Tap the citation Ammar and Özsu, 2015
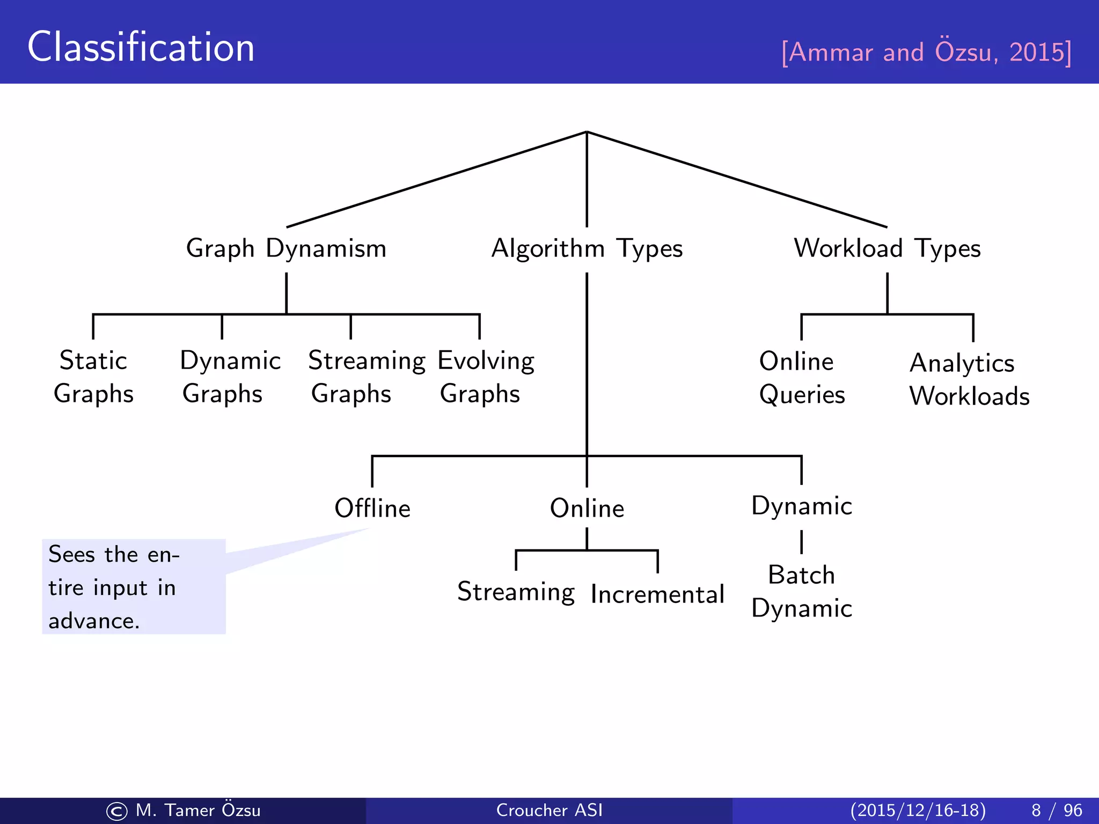click(x=926, y=52)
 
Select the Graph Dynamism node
click(x=286, y=248)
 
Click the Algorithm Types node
click(x=587, y=248)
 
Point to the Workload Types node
click(x=887, y=248)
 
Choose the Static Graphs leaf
click(x=93, y=377)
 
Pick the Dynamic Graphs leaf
click(x=230, y=377)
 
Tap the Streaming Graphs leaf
click(x=367, y=377)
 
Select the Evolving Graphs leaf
click(x=486, y=377)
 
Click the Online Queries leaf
click(x=802, y=378)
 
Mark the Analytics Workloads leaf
click(x=969, y=379)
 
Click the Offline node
click(x=372, y=508)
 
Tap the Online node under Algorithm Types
click(x=587, y=508)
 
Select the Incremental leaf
click(x=657, y=594)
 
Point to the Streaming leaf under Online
click(x=516, y=592)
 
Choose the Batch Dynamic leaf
click(x=802, y=591)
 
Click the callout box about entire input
click(x=134, y=586)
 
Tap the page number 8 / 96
click(x=1057, y=810)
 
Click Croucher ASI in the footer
click(x=549, y=810)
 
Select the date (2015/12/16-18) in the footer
click(x=918, y=810)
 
